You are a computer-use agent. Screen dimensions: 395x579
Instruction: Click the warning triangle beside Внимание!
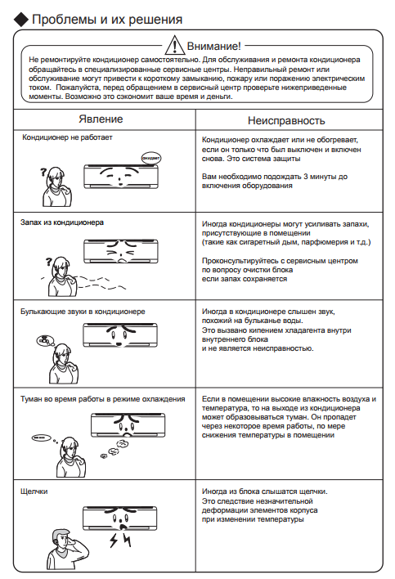[174, 45]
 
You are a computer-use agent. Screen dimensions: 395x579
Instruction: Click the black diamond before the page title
[21, 20]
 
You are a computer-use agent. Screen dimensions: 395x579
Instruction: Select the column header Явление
[101, 119]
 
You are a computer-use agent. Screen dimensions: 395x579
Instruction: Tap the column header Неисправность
[286, 120]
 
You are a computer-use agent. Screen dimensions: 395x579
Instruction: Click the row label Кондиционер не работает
[67, 137]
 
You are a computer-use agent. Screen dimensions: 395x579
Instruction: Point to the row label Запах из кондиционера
[62, 222]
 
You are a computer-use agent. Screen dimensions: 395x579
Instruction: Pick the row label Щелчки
[34, 491]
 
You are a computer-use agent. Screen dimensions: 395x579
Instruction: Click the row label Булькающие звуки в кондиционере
[83, 312]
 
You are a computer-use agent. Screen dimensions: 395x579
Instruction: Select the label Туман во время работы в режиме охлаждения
[102, 399]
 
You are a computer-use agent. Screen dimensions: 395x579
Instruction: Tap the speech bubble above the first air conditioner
[151, 158]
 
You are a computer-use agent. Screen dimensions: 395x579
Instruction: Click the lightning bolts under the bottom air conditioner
[120, 540]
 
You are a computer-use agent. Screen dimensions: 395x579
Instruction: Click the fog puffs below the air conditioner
[115, 450]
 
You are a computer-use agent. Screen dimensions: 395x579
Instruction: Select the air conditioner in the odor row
[121, 251]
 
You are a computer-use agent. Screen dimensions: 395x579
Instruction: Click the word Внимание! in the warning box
[213, 46]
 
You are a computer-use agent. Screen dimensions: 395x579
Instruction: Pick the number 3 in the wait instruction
[306, 177]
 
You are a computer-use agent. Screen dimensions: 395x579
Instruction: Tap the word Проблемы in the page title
[65, 19]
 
